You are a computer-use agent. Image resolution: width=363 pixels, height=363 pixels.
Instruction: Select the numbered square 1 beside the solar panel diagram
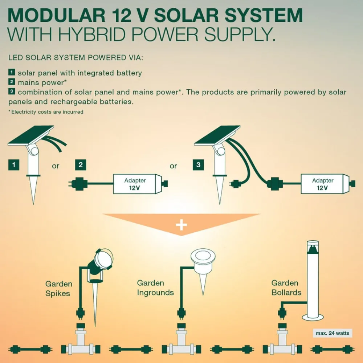(x=14, y=165)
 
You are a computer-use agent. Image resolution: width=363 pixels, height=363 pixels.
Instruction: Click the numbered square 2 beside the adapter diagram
(x=81, y=165)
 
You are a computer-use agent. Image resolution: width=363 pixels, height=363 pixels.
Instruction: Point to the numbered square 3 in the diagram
(x=198, y=165)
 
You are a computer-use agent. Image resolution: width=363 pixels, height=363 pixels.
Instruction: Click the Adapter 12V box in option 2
(x=135, y=184)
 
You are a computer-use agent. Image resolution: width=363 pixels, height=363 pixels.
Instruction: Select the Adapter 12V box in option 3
(x=322, y=184)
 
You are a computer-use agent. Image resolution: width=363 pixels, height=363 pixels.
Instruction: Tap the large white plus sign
(x=181, y=225)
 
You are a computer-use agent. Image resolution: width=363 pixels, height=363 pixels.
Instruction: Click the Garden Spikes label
(x=59, y=289)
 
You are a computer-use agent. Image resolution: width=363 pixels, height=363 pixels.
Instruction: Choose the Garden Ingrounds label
(x=155, y=287)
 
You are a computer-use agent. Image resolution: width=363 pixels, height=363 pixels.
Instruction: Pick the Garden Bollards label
(x=286, y=287)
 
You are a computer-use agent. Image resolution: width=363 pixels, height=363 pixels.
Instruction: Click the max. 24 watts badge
(x=332, y=333)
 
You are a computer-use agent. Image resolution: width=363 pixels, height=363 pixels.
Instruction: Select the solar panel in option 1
(x=30, y=135)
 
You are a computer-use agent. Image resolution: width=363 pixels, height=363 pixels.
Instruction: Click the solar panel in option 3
(x=217, y=135)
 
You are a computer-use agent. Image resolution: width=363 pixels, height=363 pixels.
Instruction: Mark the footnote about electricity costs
(x=46, y=112)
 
